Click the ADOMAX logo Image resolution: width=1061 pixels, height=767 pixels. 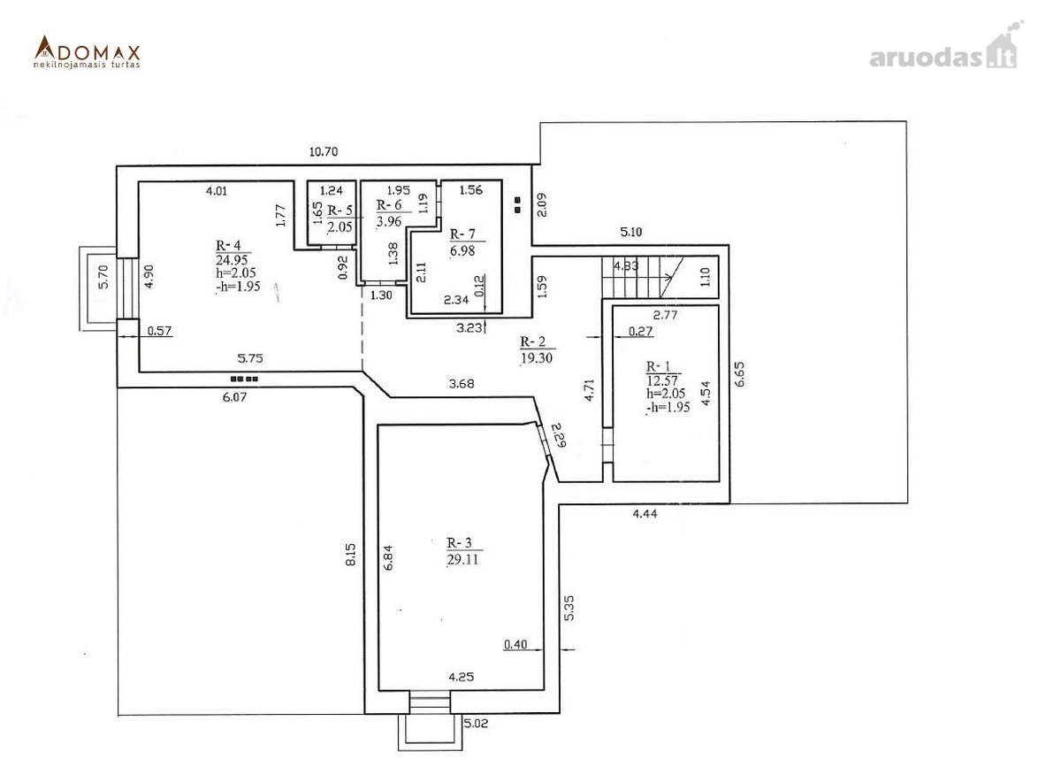[88, 51]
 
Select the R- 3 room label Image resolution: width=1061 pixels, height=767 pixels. [459, 542]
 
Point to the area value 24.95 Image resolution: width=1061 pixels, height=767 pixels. [232, 260]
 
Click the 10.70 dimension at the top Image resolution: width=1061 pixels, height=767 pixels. [324, 151]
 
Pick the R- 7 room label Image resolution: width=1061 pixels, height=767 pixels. [462, 234]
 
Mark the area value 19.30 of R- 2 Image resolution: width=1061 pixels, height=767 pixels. [536, 358]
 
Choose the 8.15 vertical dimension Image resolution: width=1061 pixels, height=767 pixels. [350, 554]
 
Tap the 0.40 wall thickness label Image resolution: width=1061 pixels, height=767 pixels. [515, 644]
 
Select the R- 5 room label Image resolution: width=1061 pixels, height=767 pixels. [340, 210]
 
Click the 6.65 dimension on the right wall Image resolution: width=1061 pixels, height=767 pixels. [739, 374]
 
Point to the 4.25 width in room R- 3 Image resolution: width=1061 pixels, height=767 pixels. [461, 677]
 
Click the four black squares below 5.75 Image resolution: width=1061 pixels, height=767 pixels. [244, 379]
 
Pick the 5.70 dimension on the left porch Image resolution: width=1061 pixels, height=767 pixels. [103, 277]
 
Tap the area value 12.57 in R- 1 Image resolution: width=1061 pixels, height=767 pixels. [662, 380]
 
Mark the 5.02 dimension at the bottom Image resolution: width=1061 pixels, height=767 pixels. [476, 724]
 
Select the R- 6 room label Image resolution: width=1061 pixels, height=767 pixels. [389, 204]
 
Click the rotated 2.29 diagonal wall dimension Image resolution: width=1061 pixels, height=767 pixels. [559, 434]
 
